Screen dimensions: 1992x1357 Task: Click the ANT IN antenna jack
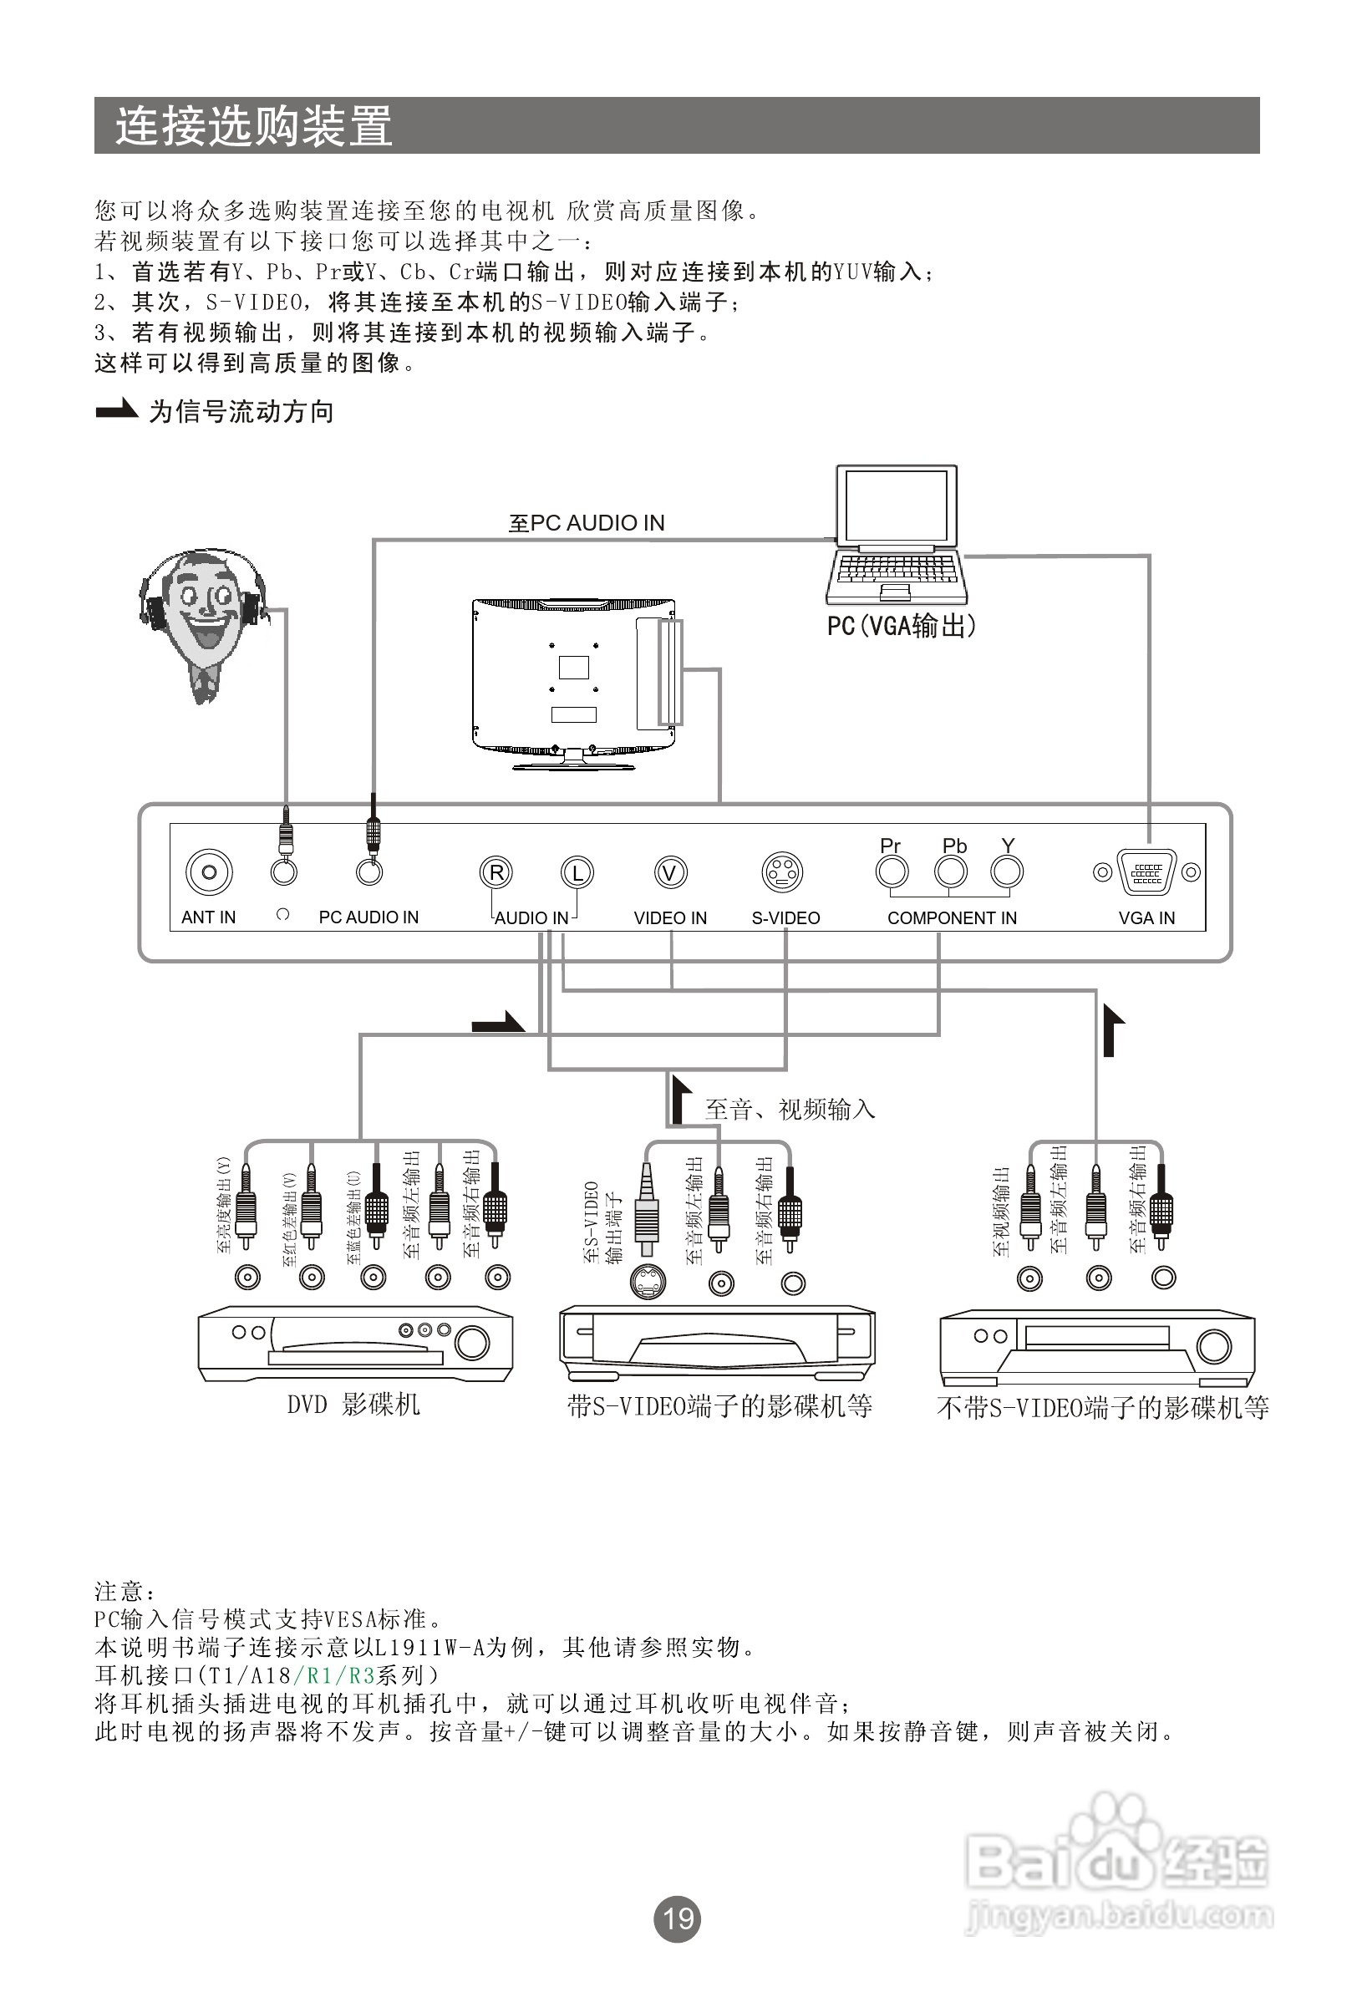208,872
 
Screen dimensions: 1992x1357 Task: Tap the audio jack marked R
496,872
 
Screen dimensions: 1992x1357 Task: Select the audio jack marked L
577,872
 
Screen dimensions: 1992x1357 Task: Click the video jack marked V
670,872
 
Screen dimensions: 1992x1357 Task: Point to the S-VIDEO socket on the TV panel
782,872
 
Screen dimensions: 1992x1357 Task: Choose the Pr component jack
892,872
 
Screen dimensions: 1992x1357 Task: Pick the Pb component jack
950,872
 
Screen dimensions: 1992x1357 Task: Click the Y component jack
1006,872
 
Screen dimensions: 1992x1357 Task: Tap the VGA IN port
1146,872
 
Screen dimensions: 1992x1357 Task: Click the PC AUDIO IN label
368,917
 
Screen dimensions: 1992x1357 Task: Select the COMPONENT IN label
952,918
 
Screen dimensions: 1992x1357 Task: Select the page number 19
677,1918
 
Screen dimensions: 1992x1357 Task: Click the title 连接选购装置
254,126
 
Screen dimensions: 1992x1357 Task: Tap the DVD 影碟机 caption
353,1404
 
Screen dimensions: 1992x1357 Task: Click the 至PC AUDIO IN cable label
587,523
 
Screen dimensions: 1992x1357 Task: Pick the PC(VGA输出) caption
901,626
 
